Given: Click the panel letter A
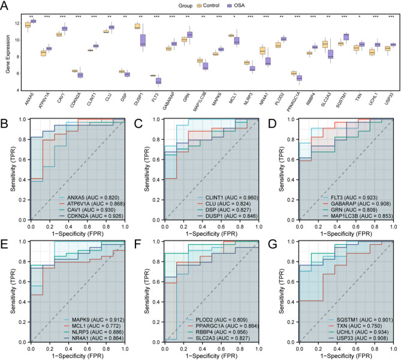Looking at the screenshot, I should [x=5, y=5].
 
